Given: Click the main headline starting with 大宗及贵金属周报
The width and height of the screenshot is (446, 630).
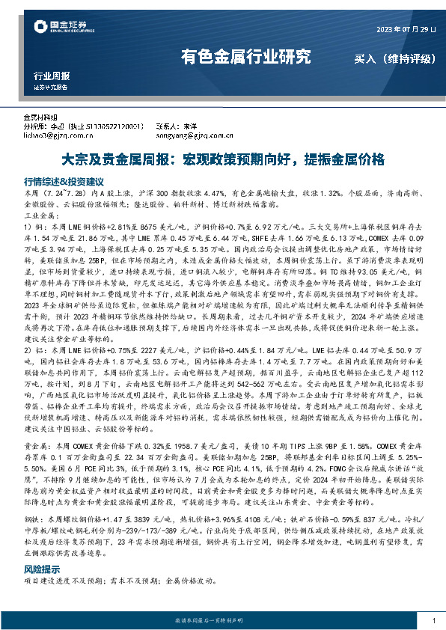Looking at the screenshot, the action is pos(222,159).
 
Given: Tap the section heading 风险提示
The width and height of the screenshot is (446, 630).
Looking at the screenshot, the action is pos(43,569).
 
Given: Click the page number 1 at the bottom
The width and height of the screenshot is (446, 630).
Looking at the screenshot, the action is pos(434,620).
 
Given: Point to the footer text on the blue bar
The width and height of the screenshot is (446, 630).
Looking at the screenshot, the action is pos(222,620).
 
